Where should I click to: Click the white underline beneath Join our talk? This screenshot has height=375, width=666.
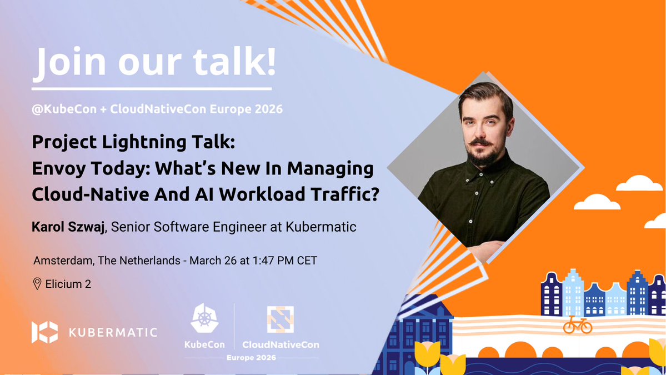(x=151, y=88)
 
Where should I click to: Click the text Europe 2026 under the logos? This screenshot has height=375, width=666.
(x=252, y=358)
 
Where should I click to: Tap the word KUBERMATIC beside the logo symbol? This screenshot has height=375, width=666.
(x=113, y=332)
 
